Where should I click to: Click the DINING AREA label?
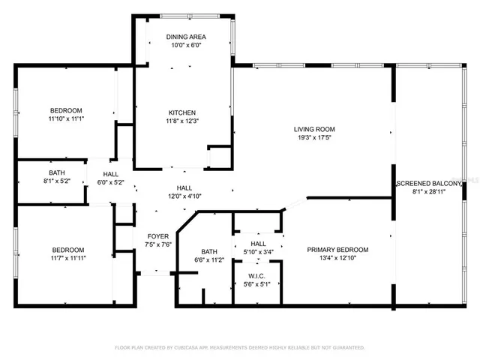187,37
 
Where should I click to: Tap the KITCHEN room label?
182,112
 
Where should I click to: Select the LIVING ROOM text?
313,129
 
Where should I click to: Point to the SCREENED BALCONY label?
428,183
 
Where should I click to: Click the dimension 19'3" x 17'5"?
313,138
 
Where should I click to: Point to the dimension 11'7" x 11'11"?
67,259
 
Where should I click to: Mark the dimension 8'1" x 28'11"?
428,192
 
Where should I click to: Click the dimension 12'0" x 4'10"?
184,196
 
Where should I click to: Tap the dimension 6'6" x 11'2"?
209,260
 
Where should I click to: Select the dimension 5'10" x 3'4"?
258,252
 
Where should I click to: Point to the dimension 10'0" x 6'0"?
187,45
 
